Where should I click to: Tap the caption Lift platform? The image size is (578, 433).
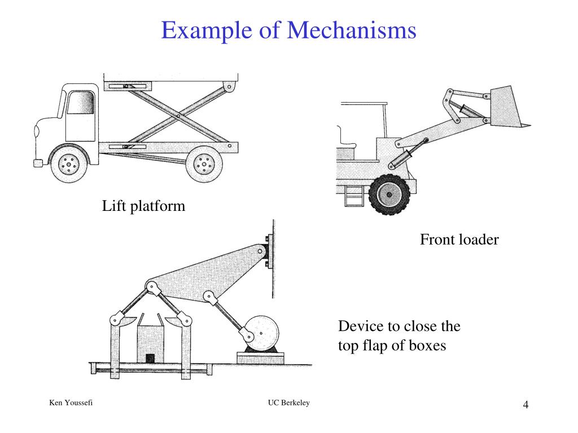(143, 206)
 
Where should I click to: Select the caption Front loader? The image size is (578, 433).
(459, 240)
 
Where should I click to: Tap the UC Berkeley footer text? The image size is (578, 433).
(289, 403)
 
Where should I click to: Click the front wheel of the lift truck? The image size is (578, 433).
(69, 164)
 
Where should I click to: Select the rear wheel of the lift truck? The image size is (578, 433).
(204, 164)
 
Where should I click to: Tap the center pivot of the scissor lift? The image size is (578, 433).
(178, 116)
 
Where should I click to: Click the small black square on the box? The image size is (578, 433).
(150, 358)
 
